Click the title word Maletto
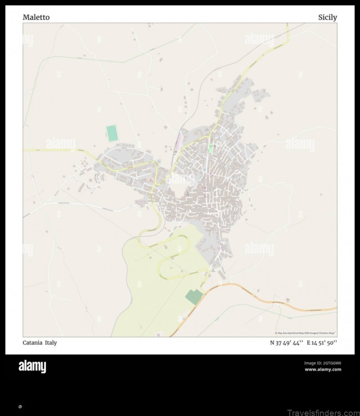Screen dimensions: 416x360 (x=36, y=18)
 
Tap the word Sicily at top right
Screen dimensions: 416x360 (x=327, y=18)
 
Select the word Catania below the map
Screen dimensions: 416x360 (x=32, y=343)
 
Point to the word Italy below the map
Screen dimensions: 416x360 (x=51, y=343)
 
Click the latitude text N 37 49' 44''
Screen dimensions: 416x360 (x=287, y=343)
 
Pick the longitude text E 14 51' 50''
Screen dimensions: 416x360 (x=322, y=343)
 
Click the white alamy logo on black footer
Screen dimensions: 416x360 (x=32, y=367)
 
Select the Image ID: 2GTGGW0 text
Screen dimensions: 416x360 (x=323, y=363)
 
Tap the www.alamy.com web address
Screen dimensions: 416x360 (x=323, y=370)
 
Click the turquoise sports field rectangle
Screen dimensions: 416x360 (x=112, y=134)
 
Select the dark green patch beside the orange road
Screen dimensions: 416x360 (x=194, y=296)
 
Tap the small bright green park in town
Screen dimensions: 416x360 (x=211, y=148)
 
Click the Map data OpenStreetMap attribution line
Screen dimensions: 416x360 (x=306, y=333)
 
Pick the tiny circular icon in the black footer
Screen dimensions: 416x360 (x=20, y=407)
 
